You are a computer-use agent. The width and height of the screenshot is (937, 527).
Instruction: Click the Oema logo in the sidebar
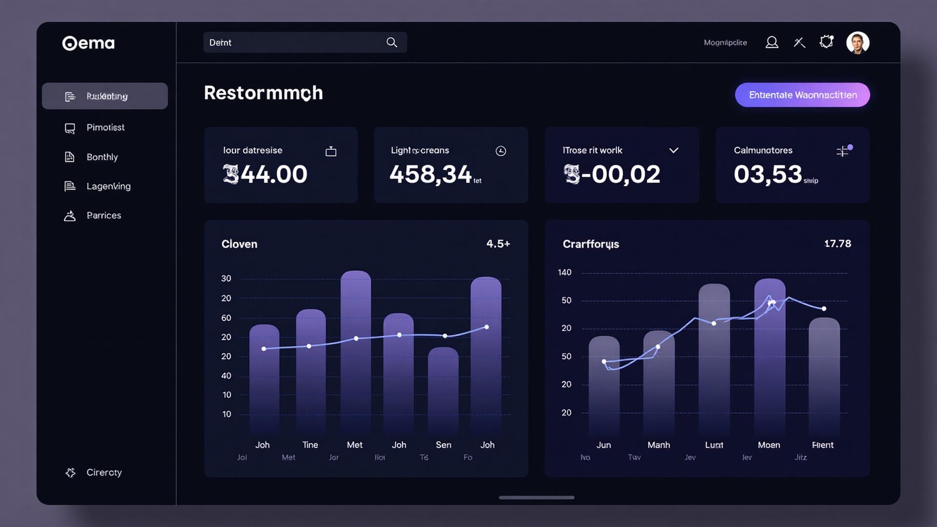pyautogui.click(x=88, y=43)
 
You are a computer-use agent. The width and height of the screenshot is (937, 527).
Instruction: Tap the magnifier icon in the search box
pyautogui.click(x=391, y=42)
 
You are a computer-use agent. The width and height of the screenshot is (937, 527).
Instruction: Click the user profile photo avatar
pyautogui.click(x=857, y=43)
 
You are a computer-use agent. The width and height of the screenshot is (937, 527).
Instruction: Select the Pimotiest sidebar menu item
pyautogui.click(x=105, y=127)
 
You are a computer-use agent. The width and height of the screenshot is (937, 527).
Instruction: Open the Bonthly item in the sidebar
pyautogui.click(x=102, y=157)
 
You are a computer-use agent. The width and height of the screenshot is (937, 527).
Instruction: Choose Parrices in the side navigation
pyautogui.click(x=103, y=215)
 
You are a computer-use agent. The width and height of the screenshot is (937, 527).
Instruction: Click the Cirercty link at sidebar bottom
pyautogui.click(x=103, y=472)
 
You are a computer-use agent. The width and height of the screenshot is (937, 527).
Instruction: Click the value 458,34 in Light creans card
pyautogui.click(x=430, y=174)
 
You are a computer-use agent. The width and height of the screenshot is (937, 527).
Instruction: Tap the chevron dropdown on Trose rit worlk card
pyautogui.click(x=673, y=150)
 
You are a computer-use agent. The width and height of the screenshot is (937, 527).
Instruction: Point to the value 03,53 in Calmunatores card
pyautogui.click(x=768, y=174)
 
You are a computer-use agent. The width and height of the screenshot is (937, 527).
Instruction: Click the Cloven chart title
pyautogui.click(x=239, y=244)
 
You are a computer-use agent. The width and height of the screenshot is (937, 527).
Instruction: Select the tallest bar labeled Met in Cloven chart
pyautogui.click(x=356, y=351)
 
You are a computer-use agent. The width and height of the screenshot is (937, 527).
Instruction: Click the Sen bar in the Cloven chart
pyautogui.click(x=443, y=390)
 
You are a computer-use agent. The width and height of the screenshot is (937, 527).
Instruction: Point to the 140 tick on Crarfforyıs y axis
pyautogui.click(x=565, y=272)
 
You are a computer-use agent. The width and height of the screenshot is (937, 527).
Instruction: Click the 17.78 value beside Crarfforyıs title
pyautogui.click(x=837, y=243)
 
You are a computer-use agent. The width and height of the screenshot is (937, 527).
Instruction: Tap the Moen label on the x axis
pyautogui.click(x=769, y=445)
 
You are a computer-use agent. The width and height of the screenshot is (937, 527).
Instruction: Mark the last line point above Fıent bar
pyautogui.click(x=824, y=308)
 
